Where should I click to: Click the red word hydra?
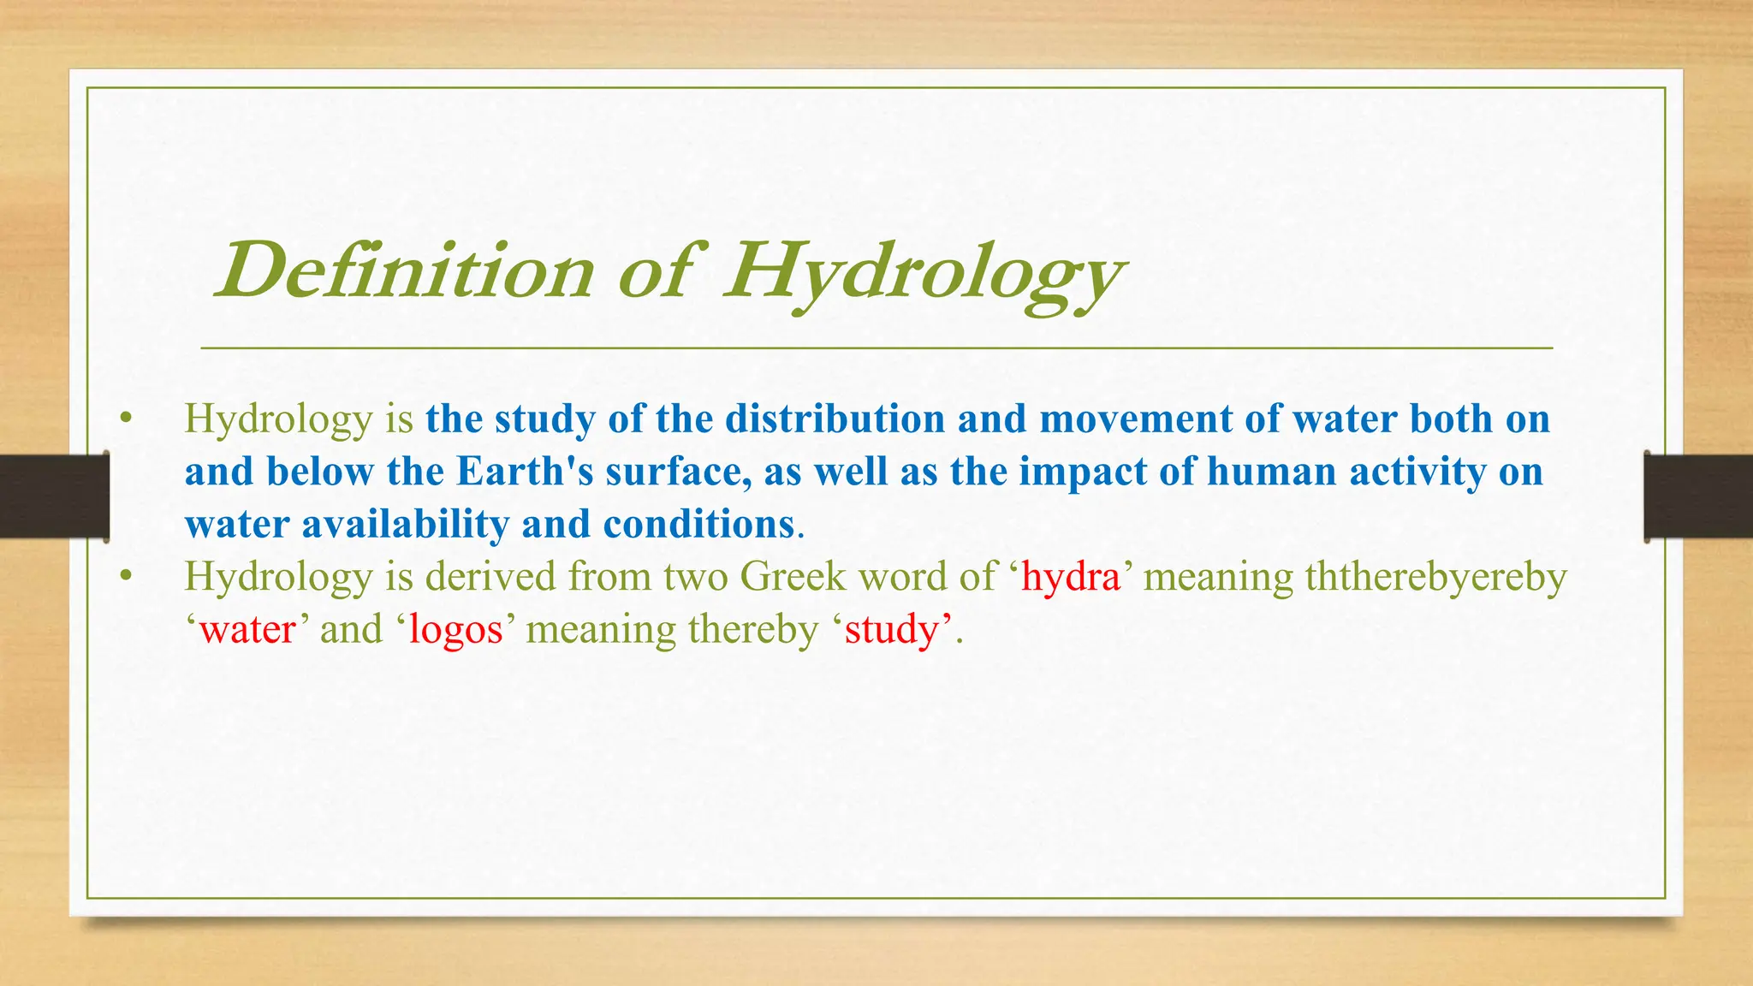click(x=1071, y=576)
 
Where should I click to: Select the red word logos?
click(x=455, y=629)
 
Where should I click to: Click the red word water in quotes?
click(x=247, y=629)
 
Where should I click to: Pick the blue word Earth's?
click(x=525, y=472)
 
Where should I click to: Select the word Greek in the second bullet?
click(x=793, y=576)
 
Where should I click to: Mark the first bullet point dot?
click(x=127, y=419)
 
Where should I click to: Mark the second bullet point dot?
click(x=127, y=576)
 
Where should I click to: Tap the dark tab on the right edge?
click(x=1698, y=496)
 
